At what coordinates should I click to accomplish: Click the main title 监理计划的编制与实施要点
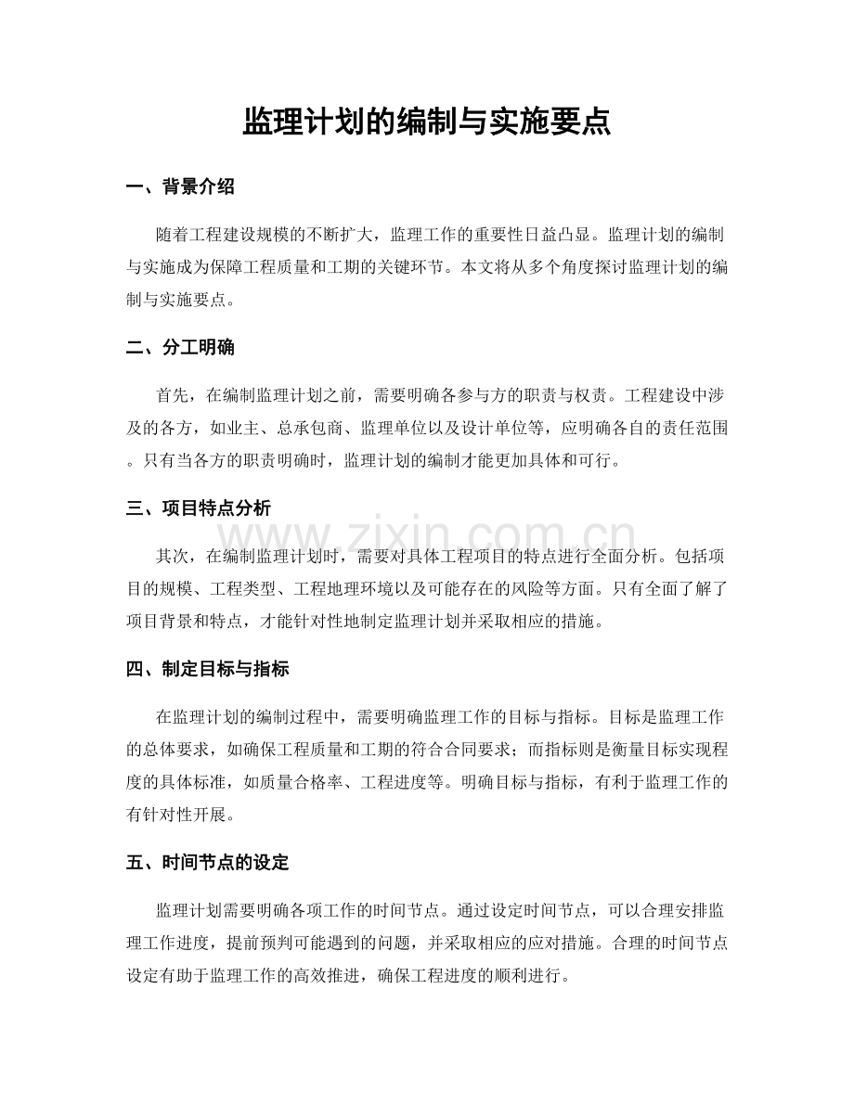click(x=426, y=122)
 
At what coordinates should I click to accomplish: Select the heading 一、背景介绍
click(x=180, y=186)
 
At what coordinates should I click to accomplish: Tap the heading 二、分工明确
click(x=180, y=348)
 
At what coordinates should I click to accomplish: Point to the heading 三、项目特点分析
click(x=199, y=508)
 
